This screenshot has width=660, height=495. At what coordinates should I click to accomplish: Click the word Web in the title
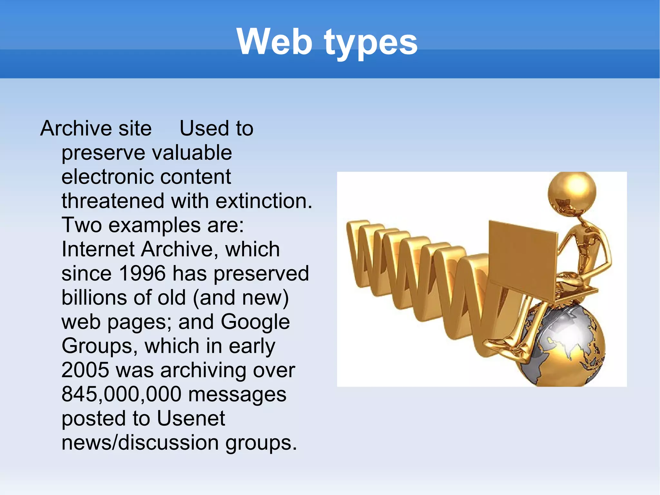(274, 42)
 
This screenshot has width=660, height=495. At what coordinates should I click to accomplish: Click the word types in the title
(371, 44)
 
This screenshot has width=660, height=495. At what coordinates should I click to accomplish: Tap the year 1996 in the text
(142, 273)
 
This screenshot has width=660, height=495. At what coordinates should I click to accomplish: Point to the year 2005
(85, 370)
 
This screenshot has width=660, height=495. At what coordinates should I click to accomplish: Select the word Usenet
(191, 419)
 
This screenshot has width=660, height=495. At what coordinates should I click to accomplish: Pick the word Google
(255, 322)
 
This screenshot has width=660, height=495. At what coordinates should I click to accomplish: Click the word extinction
(264, 201)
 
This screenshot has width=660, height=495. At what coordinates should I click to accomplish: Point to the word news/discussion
(140, 443)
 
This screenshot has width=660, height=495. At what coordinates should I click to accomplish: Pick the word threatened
(113, 201)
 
